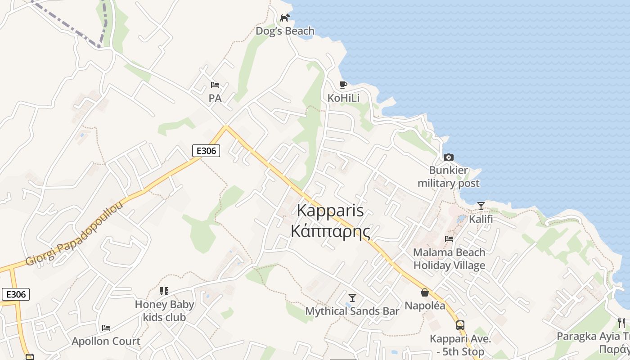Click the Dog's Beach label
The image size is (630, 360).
click(285, 31)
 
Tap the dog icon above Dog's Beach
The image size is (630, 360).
click(285, 18)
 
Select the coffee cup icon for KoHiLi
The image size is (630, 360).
click(343, 85)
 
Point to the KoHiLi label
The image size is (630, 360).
click(343, 98)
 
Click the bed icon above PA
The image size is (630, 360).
click(215, 85)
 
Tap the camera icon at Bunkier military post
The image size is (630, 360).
click(448, 157)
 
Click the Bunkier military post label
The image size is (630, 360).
click(448, 177)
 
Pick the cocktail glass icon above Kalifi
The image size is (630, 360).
click(481, 206)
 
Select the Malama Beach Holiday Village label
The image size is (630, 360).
click(449, 259)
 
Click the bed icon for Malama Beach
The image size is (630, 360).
click(449, 238)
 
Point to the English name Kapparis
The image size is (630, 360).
click(330, 211)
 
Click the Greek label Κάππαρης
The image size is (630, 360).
click(330, 231)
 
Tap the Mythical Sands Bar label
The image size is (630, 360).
click(352, 311)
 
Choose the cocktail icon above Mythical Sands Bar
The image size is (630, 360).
click(352, 297)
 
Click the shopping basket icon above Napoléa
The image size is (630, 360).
click(424, 292)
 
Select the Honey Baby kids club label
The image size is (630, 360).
click(164, 310)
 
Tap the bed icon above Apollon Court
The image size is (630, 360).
click(106, 328)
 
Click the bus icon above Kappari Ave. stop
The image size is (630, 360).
click(460, 325)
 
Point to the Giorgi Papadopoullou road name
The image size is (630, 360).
click(74, 234)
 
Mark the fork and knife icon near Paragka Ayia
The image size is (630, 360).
click(621, 323)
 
